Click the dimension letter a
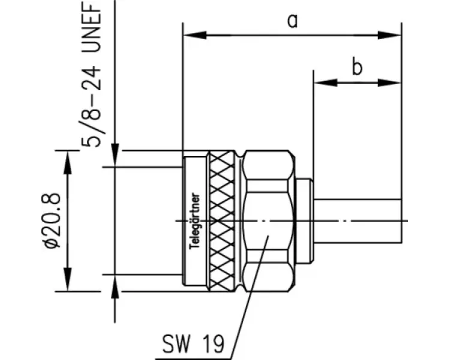292,21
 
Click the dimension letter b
357,67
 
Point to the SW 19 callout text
193,343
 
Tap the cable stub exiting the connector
357,220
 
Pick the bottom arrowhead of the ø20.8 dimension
67,286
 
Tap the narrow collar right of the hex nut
305,220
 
